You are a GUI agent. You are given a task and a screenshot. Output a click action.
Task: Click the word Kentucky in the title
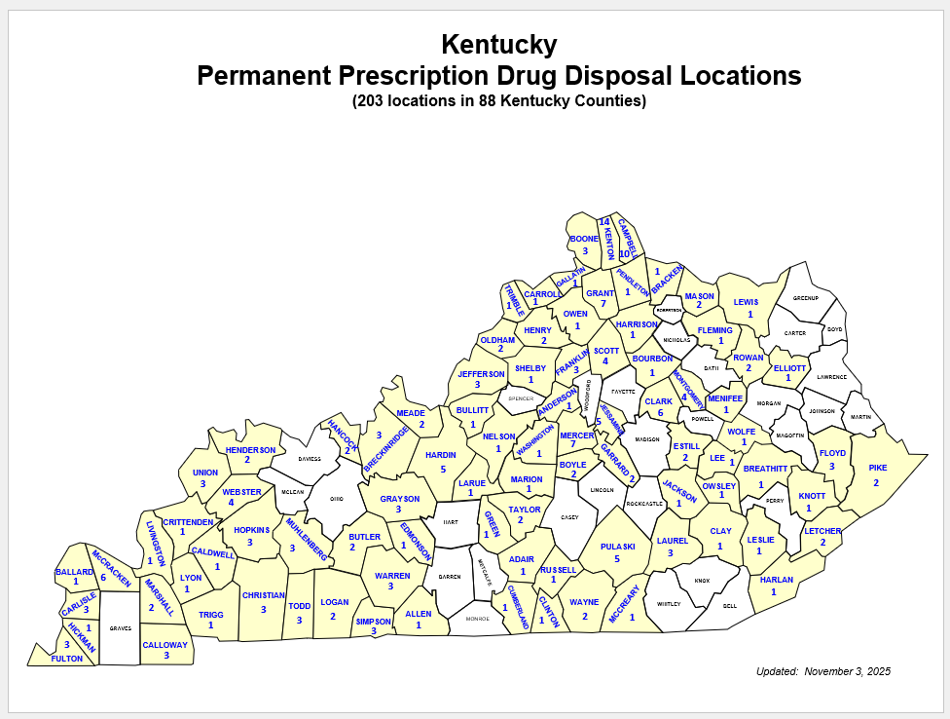[x=498, y=44]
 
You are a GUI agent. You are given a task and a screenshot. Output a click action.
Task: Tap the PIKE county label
[x=877, y=469]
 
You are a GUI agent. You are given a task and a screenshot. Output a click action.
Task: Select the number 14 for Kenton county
[x=603, y=222]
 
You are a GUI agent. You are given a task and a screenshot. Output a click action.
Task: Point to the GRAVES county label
[x=121, y=627]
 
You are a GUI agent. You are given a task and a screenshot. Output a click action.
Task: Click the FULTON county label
[x=67, y=659]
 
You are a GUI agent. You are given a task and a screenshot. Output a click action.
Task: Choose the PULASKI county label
[x=617, y=547]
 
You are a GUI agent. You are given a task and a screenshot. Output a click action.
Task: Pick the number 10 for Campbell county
[x=625, y=253]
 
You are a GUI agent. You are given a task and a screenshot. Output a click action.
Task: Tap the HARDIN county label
[x=441, y=455]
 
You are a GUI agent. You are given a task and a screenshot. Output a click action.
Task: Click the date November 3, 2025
[x=847, y=671]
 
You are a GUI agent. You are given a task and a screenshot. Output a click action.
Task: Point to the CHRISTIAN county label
[x=264, y=595]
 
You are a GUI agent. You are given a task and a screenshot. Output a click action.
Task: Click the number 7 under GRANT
[x=603, y=304]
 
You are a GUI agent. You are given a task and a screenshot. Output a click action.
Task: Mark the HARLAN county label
[x=776, y=580]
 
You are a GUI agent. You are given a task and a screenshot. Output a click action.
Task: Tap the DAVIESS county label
[x=310, y=458]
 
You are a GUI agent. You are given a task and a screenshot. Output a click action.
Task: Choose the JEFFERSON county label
[x=481, y=373]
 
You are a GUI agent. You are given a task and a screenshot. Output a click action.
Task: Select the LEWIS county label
[x=746, y=302]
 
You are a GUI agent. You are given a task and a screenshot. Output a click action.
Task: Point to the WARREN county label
[x=392, y=576]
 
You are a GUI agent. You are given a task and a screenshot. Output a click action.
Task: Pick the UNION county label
[x=205, y=473]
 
